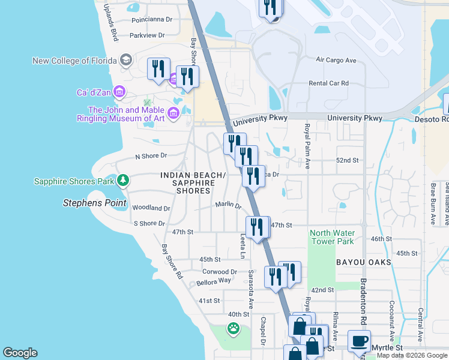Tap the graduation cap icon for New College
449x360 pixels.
pos(126,61)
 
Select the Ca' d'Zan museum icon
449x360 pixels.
pos(119,92)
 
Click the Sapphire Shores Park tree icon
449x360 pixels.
pos(122,181)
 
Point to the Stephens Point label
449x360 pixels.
pos(95,203)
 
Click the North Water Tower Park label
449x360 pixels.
pos(332,237)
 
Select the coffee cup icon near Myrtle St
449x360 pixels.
pos(359,341)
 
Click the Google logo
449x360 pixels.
pos(20,353)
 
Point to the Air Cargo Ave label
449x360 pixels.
pos(336,61)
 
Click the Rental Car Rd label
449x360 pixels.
pos(328,83)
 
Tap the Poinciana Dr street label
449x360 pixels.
pos(146,19)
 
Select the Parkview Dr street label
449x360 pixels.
pos(146,36)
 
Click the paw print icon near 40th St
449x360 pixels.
pos(233,328)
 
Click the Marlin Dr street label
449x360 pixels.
pos(228,205)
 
